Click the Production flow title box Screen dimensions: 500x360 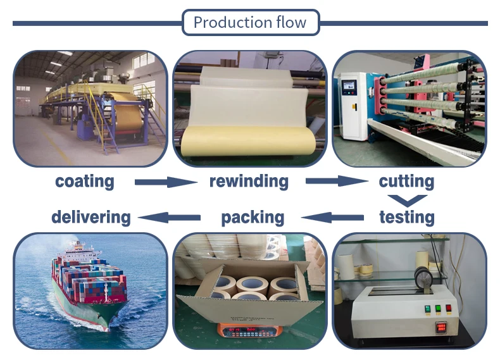coord(251,22)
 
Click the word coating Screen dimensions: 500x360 coord(85,182)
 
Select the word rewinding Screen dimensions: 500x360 coord(249,182)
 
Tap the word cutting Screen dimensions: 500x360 coord(406,182)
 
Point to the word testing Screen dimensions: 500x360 coord(407,218)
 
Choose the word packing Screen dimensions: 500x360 coord(253,218)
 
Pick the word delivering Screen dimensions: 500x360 coord(91,218)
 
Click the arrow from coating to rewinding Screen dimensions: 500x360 coord(166,182)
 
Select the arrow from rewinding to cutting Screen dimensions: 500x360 coord(337,181)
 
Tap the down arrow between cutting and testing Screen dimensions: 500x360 coord(407,201)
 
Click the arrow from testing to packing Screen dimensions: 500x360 coord(332,218)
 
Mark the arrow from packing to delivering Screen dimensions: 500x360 coord(170,218)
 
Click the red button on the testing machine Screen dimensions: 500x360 coord(449,308)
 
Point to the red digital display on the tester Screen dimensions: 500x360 coord(441,327)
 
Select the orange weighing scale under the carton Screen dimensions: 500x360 coord(249,330)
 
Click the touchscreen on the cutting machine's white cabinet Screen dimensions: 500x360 coord(348,85)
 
